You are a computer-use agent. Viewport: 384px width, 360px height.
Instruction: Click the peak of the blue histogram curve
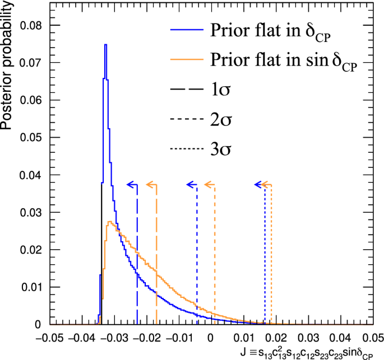[105, 44]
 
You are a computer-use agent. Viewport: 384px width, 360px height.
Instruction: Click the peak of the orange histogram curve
[110, 222]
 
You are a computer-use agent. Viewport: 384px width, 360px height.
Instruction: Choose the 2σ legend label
[221, 119]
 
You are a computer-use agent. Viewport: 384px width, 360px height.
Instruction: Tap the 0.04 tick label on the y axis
[29, 175]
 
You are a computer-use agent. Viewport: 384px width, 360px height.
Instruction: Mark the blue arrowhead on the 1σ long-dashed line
[129, 184]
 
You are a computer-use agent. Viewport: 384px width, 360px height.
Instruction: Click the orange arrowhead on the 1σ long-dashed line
[149, 184]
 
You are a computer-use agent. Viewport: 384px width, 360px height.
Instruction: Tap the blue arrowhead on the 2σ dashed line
[189, 184]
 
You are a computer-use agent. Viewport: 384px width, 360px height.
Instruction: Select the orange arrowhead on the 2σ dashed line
[207, 184]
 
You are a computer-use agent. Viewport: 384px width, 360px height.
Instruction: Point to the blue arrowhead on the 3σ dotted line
[257, 184]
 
